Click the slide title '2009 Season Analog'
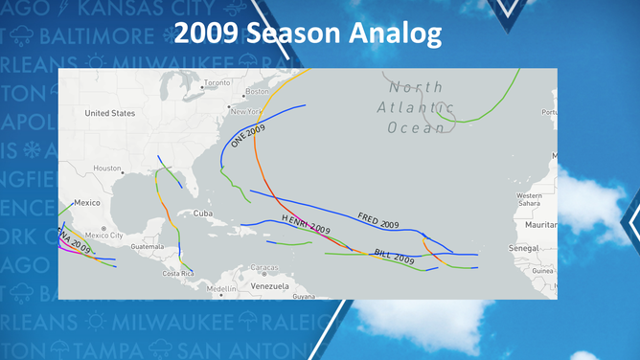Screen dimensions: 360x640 [309, 34]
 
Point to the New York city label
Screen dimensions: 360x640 [246, 112]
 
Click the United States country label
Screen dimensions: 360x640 [110, 113]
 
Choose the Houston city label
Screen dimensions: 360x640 [106, 169]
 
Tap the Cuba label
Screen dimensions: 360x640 [203, 213]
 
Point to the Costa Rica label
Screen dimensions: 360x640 [178, 274]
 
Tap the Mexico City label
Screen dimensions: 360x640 [103, 235]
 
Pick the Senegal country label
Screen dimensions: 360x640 [523, 248]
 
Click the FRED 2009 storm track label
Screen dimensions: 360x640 [377, 220]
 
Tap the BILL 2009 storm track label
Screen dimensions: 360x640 [394, 257]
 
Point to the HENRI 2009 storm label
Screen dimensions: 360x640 [306, 226]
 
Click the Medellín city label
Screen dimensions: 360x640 [221, 288]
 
